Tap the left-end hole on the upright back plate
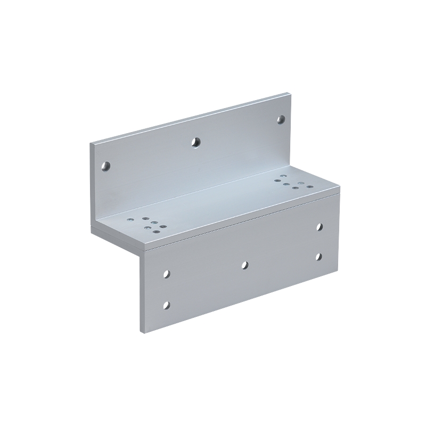[106, 165]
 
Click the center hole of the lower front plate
[244, 264]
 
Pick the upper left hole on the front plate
[167, 274]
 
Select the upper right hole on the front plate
[319, 227]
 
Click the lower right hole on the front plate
[318, 257]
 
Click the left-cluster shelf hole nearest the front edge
[157, 232]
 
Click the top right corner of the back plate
[291, 94]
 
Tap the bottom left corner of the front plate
[141, 332]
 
